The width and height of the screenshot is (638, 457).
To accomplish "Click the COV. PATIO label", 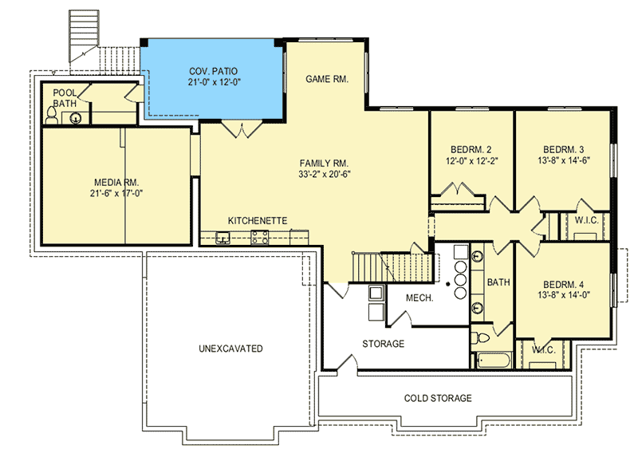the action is tap(213, 71).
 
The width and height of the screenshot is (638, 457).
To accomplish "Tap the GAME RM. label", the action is tap(327, 79).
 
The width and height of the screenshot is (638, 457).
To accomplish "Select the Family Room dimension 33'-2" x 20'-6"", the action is tap(325, 174).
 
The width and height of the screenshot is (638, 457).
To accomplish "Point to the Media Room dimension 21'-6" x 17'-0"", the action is tap(116, 193).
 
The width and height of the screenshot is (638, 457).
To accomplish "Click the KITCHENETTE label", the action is tap(257, 221).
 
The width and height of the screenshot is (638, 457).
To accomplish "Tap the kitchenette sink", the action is tap(223, 238).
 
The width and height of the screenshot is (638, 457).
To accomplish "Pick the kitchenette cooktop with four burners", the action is tap(260, 238).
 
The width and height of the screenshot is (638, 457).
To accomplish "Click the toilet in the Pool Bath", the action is tap(52, 115).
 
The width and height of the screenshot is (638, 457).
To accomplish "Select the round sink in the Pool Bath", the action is tap(75, 118).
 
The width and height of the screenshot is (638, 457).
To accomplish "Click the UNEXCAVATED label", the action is tap(230, 349).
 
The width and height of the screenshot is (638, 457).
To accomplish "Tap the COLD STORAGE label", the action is tap(438, 398).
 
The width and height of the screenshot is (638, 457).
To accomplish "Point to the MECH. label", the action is tap(419, 297).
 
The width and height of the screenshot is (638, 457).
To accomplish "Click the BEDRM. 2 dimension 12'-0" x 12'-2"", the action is tap(472, 161).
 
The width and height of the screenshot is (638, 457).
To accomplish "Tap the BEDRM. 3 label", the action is tap(564, 149).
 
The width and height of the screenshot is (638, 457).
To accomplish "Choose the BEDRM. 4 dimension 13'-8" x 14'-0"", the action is tap(564, 295).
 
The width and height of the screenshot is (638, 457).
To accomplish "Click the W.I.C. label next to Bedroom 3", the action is tap(586, 221).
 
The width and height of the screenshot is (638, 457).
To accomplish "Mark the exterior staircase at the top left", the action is tap(84, 37).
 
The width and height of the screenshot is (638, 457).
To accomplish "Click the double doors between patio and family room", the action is tap(242, 129).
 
